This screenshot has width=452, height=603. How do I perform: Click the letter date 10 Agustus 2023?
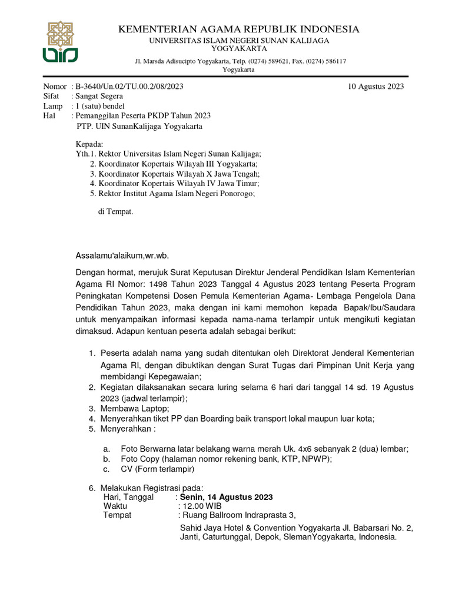376,87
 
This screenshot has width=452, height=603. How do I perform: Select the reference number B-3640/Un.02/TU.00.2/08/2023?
128,87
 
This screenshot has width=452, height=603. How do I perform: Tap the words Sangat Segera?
98,96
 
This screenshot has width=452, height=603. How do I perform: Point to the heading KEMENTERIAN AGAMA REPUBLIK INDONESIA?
238,29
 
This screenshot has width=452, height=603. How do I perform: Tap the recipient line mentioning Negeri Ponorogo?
172,193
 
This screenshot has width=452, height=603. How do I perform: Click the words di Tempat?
116,211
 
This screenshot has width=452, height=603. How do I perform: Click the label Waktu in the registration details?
115,506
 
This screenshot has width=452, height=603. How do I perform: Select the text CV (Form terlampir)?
157,469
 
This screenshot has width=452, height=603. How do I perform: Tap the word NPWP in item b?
317,459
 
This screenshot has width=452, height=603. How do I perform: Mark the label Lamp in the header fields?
53,106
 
